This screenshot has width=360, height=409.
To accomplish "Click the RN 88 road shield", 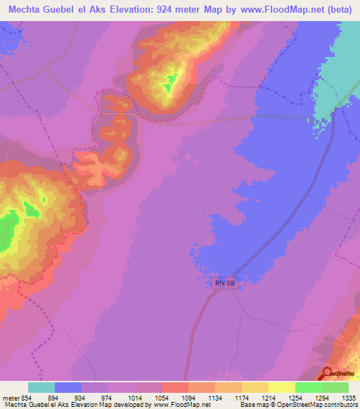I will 222,282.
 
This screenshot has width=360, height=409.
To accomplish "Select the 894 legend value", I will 54,398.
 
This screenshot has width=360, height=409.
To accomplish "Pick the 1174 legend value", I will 242,398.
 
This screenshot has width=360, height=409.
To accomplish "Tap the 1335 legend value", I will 348,398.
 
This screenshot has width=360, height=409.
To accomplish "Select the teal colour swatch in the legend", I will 41,387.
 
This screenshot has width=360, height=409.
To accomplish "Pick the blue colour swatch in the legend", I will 68,387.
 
